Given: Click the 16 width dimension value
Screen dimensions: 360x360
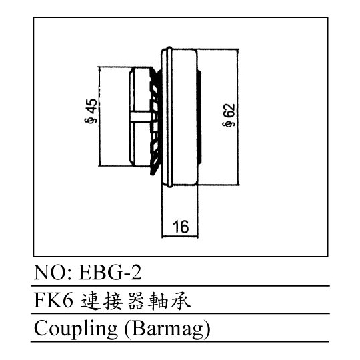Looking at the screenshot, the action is point(181,227).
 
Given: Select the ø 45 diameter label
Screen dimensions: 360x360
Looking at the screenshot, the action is point(91,111).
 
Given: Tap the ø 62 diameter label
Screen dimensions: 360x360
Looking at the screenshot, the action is point(229,115).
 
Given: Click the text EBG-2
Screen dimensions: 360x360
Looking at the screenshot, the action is point(110,272).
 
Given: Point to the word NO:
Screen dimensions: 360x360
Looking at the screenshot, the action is point(53,272).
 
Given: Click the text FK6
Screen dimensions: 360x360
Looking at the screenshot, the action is point(53,301).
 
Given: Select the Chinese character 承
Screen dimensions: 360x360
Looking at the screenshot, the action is point(181,301).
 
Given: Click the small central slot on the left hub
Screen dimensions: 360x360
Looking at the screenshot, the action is point(141,117).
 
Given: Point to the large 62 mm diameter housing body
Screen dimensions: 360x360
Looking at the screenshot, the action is point(184,117).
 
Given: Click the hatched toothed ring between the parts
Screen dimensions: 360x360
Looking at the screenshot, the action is point(155,122).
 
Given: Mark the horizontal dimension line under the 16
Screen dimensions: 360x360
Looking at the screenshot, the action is point(180,236).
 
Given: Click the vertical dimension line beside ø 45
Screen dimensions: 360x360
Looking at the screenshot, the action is point(100,116).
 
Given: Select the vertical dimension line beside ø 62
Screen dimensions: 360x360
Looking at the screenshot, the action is point(238,117).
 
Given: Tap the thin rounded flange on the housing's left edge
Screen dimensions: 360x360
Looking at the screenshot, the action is point(169,117).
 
